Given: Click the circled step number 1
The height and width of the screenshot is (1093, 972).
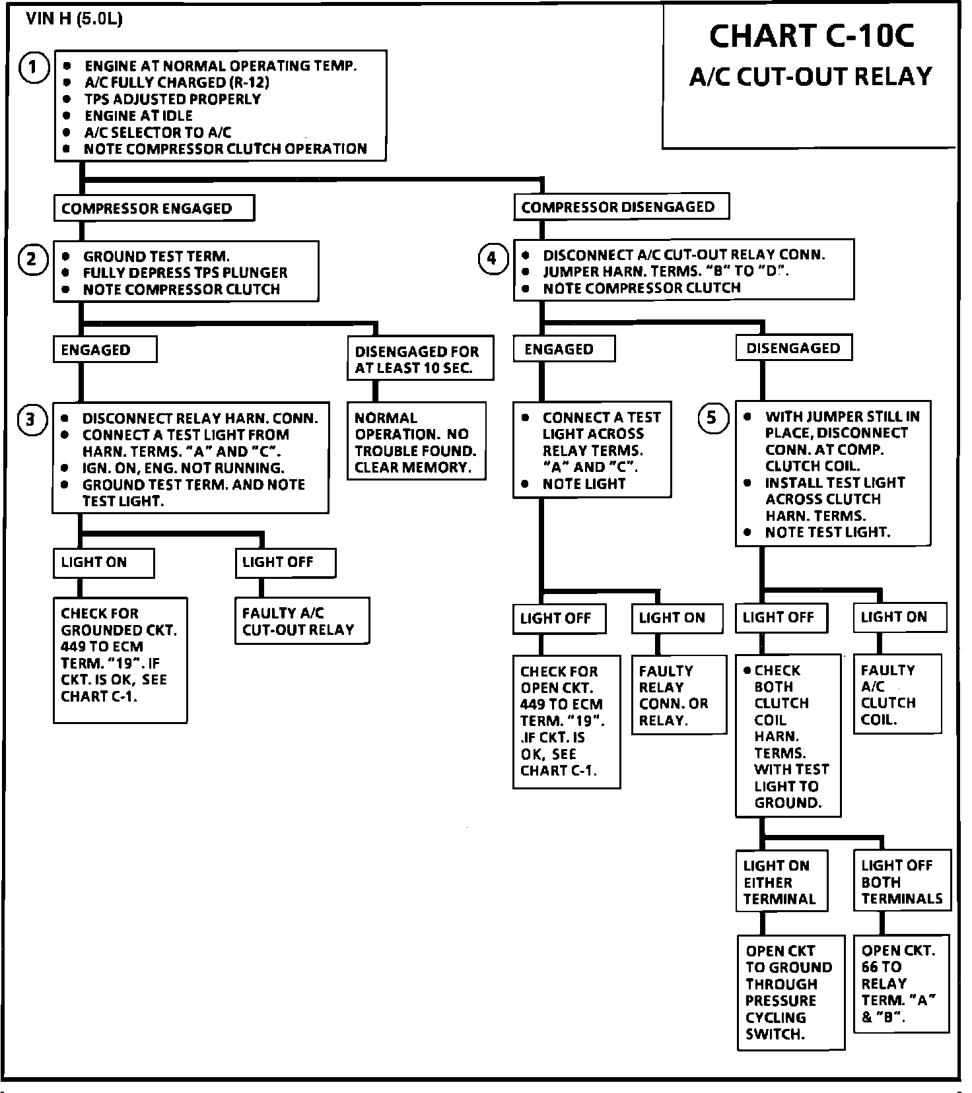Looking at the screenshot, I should click(x=34, y=68).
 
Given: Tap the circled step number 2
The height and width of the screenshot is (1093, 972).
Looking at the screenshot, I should click(x=32, y=259).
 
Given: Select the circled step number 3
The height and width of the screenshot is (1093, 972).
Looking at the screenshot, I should click(x=31, y=420).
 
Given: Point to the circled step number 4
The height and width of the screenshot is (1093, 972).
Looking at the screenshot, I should click(x=492, y=258).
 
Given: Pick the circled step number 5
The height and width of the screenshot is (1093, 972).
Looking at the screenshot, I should click(x=712, y=418).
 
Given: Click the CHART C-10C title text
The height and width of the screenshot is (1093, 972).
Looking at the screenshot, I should click(x=812, y=36).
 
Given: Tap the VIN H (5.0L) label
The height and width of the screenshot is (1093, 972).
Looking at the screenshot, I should click(x=74, y=19).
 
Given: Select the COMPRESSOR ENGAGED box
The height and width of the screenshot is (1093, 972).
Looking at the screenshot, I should click(x=154, y=209).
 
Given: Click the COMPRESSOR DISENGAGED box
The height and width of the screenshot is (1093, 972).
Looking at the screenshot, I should click(x=621, y=207).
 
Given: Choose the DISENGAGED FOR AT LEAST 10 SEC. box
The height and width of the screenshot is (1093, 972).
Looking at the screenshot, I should click(x=421, y=360).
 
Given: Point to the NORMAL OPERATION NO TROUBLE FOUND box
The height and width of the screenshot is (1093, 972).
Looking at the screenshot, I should click(x=417, y=442).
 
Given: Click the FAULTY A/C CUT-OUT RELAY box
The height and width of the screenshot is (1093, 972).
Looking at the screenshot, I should click(x=302, y=621).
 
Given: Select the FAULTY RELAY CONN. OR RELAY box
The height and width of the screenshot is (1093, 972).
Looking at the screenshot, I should click(x=679, y=695).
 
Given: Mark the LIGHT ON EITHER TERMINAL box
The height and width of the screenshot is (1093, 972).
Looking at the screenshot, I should click(x=781, y=882).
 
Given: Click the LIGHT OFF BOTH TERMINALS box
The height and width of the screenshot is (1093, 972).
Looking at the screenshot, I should click(x=902, y=881).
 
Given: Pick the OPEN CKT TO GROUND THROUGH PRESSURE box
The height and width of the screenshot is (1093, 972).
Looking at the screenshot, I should click(x=790, y=992).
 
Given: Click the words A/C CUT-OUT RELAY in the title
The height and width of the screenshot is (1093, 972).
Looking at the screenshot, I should click(x=810, y=77).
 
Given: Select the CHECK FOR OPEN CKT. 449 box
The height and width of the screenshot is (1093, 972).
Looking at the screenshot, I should click(x=567, y=721).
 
